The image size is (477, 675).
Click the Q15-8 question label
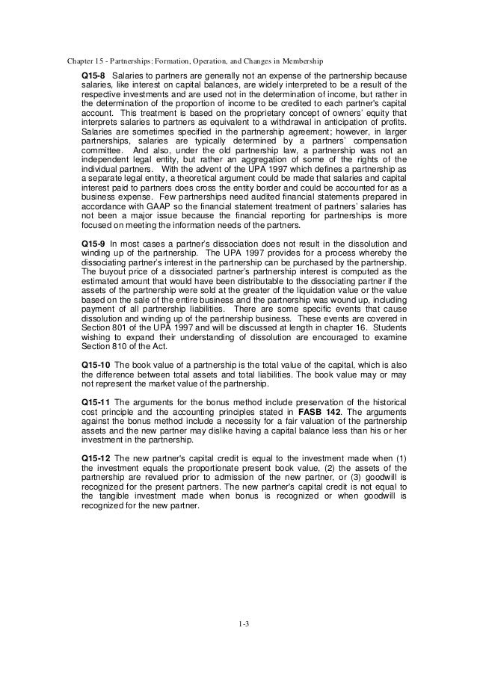point(93,75)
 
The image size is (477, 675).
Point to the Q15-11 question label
point(95,401)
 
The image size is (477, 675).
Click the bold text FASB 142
point(318,410)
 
